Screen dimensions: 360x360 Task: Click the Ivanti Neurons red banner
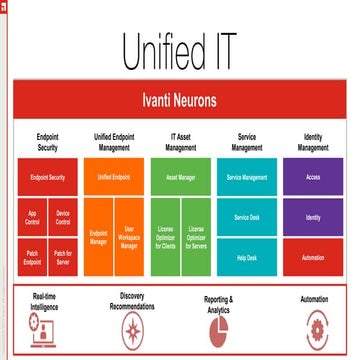180,100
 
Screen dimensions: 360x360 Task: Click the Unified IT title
180,50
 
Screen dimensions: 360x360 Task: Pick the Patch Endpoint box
33,256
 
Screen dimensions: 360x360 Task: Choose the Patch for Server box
62,256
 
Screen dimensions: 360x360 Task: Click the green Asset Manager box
181,176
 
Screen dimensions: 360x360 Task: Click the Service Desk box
247,217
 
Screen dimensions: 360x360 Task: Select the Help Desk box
247,257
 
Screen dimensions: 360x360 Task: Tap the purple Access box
313,176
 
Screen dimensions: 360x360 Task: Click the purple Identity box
313,217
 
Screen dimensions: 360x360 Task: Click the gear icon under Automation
316,326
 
